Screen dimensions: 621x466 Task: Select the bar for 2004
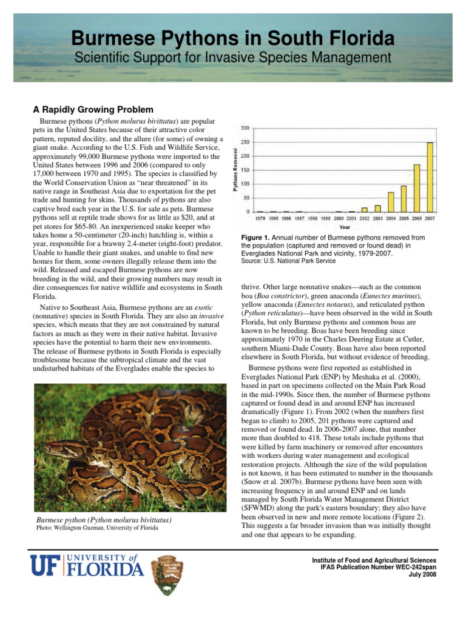(391, 202)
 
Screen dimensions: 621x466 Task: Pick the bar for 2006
(417, 188)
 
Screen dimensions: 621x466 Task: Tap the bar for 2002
(365, 209)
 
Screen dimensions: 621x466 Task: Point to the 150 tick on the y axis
(245, 170)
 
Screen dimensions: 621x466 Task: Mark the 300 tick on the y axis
(245, 128)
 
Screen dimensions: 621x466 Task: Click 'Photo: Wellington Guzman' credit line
(96, 528)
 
